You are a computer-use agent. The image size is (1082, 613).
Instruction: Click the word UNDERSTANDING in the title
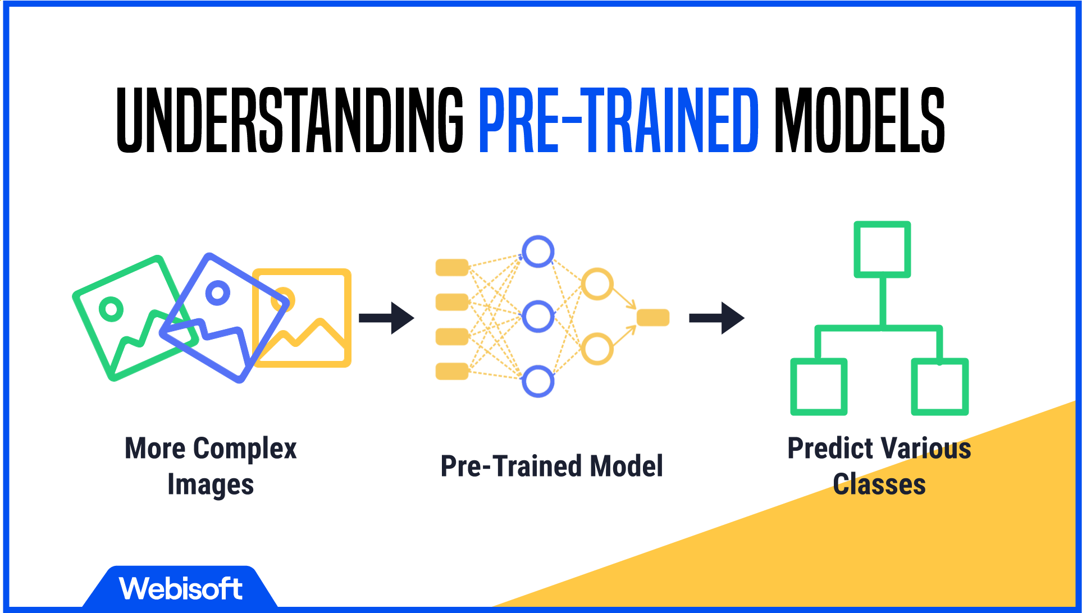[x=290, y=120]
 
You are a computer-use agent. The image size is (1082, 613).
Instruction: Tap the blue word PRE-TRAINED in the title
[x=619, y=120]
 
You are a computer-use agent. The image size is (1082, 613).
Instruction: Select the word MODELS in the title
[x=860, y=120]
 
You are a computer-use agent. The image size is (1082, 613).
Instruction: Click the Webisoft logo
[x=180, y=588]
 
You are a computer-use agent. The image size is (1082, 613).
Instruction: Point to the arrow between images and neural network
[x=386, y=318]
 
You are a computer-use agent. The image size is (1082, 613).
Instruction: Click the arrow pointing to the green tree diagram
[x=716, y=318]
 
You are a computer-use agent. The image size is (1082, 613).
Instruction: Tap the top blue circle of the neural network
[x=538, y=251]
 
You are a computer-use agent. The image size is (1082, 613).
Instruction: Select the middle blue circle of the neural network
[x=538, y=317]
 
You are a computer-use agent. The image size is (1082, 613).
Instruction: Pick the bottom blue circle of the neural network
[x=538, y=382]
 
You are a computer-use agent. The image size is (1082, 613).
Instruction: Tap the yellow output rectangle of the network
[x=653, y=317]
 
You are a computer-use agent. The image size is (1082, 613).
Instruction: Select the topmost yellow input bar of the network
[x=452, y=267]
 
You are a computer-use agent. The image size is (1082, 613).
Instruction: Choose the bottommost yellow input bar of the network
[x=452, y=371]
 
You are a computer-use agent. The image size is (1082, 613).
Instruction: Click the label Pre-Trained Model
[x=551, y=466]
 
